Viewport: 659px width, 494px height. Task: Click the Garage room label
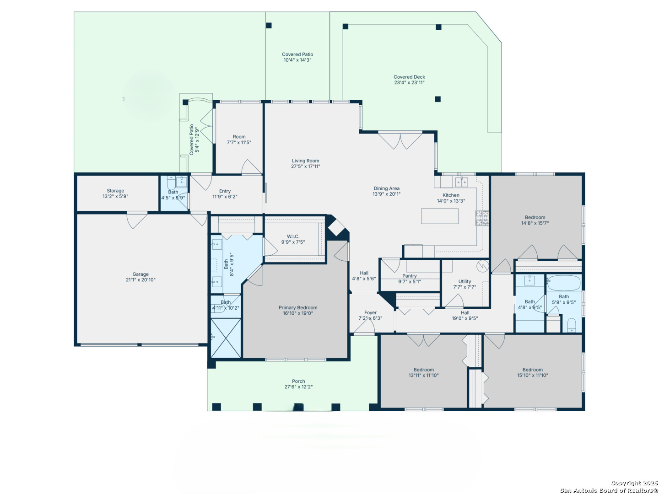click(140, 274)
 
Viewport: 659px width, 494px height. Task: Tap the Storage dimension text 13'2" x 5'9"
click(115, 197)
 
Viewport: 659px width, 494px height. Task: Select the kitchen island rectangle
click(439, 216)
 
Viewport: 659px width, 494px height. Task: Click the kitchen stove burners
click(481, 218)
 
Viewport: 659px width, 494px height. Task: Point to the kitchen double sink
click(461, 182)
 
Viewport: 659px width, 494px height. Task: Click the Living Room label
click(305, 161)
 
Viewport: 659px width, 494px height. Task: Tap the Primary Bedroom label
click(298, 308)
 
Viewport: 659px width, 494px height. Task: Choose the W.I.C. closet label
click(293, 236)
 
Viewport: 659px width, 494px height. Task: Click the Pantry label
click(410, 276)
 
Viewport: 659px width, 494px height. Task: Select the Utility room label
click(465, 281)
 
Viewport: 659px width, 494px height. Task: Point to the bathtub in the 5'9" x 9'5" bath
click(563, 283)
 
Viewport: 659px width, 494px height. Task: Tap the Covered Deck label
click(409, 77)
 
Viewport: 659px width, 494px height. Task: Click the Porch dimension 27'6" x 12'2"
click(298, 387)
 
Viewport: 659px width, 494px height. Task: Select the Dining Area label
click(386, 188)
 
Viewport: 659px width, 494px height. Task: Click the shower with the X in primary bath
click(226, 338)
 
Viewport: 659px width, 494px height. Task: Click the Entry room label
click(225, 191)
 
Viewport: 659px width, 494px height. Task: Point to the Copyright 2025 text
click(634, 483)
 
